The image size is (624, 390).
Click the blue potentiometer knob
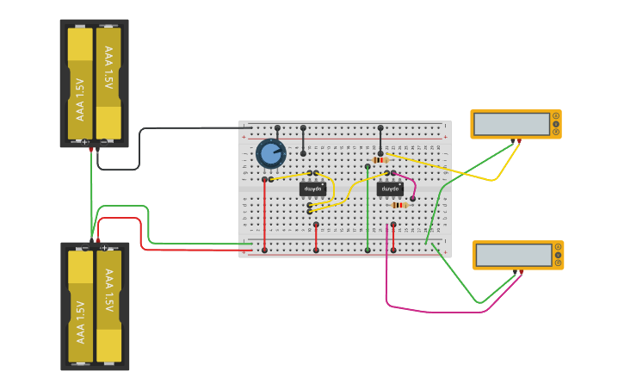point(271,154)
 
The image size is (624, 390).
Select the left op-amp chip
point(312,189)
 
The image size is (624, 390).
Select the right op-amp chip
point(390,189)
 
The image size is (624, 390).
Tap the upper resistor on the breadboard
point(380,160)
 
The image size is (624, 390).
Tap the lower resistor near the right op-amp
point(398,205)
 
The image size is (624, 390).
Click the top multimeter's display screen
point(511,124)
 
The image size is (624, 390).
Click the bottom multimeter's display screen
point(514,255)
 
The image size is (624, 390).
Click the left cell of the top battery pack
point(80,84)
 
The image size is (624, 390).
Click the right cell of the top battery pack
point(108,84)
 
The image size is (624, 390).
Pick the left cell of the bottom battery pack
point(80,306)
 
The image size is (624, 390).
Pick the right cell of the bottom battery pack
point(108,306)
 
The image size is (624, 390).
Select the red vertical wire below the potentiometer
point(264,215)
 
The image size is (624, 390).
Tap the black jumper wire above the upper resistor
point(380,140)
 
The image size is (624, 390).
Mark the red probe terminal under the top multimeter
point(519,140)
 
